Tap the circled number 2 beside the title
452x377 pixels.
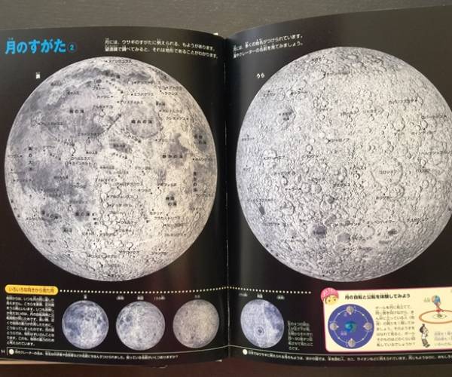pos(72,47)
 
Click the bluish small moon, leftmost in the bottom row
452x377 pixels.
pos(85,324)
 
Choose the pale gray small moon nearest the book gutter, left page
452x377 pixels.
pos(195,323)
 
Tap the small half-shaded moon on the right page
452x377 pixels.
pos(261,323)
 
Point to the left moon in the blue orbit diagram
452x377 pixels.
pos(334,327)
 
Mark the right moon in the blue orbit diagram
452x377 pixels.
pos(368,326)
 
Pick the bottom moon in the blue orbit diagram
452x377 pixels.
pos(351,344)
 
